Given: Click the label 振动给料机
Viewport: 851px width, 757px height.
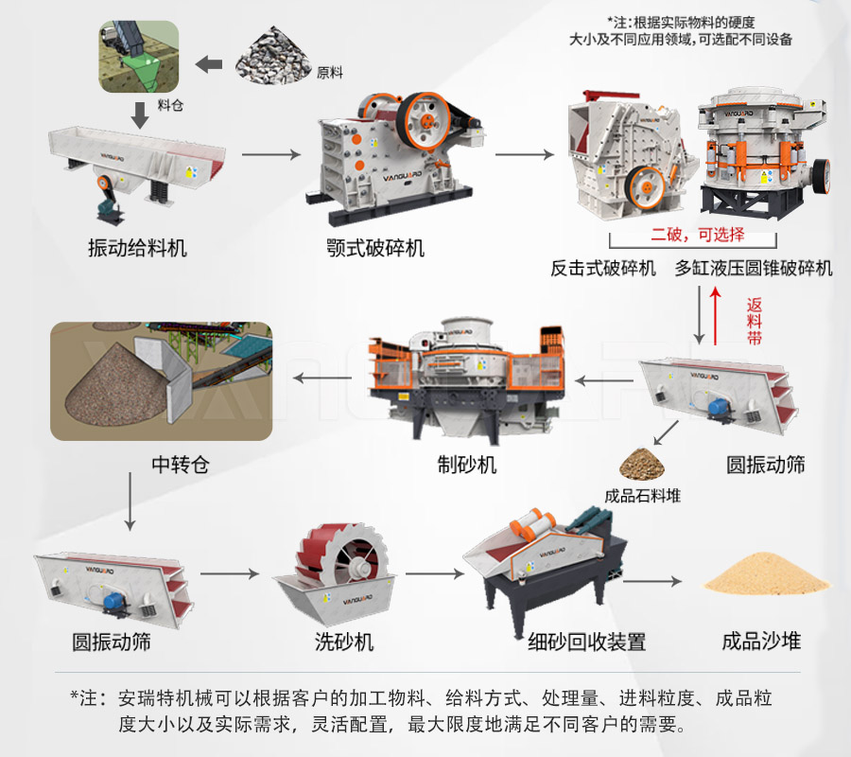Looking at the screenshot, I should coord(137,248).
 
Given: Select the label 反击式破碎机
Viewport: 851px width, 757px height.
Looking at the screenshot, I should coord(603,268).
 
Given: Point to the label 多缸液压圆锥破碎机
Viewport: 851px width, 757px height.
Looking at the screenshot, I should coord(755,268).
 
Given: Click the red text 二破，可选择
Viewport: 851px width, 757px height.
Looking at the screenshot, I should coord(698,235).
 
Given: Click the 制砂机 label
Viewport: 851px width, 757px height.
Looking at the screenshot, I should coord(466,465).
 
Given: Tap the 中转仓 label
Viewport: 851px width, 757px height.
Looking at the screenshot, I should coord(180,465).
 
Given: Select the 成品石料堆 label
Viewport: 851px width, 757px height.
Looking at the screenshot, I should coord(643,495).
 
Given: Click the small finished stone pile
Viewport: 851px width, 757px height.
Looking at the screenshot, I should coord(642,464).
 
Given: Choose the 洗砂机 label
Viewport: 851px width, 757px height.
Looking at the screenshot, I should coord(344,642).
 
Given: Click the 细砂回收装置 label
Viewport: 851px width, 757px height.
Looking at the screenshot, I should coord(587,642).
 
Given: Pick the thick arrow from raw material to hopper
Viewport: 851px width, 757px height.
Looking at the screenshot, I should coord(209,64).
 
